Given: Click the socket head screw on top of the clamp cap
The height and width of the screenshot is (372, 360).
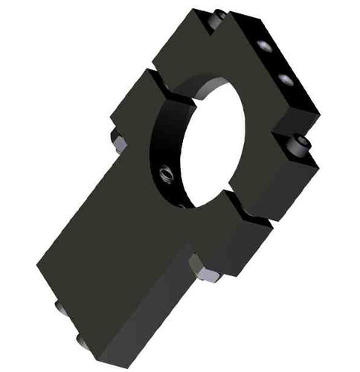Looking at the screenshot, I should tap(217, 19).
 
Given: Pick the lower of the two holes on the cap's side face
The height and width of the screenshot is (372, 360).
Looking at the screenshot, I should tap(283, 78).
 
